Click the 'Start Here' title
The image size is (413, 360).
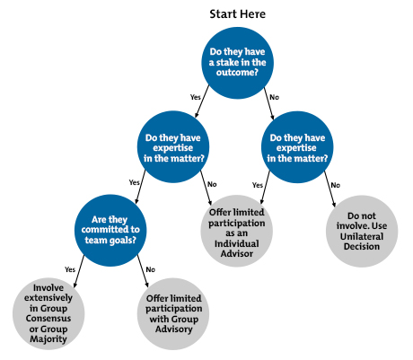[237, 14]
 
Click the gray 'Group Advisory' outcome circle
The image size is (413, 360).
[174, 312]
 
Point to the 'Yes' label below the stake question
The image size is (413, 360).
[194, 96]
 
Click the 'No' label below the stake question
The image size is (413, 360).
[275, 96]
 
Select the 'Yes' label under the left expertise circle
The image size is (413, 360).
[134, 182]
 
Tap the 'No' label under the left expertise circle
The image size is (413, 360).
[212, 184]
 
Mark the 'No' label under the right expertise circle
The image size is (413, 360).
[335, 184]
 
